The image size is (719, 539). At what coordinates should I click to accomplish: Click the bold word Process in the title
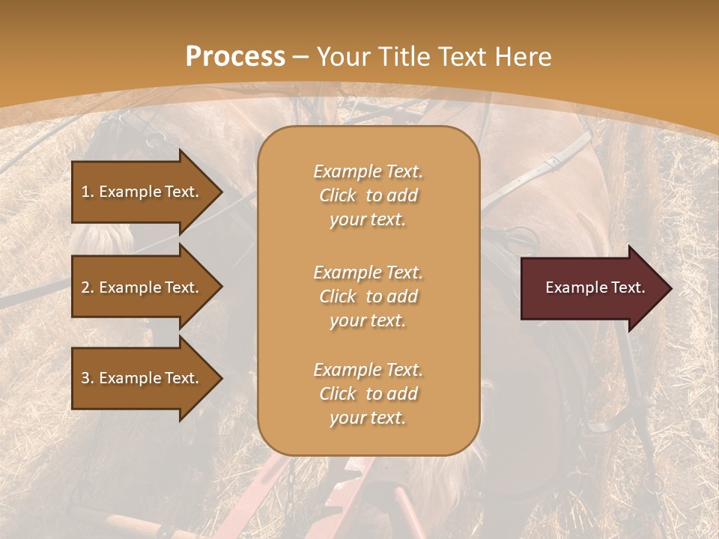[x=235, y=57]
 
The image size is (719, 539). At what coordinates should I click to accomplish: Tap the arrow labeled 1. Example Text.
[x=142, y=192]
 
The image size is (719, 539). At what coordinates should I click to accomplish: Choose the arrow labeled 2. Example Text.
[x=142, y=287]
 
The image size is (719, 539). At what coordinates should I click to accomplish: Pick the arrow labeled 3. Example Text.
[x=142, y=378]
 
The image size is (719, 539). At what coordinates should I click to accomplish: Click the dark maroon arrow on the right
[x=592, y=288]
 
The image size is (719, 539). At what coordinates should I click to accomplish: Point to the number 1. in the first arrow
[x=88, y=192]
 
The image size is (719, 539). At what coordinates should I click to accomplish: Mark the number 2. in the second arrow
[x=88, y=287]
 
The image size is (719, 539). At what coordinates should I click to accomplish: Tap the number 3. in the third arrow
[x=88, y=378]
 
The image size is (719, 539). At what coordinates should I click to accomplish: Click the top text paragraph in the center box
[x=368, y=195]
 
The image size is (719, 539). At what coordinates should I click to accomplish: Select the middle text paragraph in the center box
[x=368, y=296]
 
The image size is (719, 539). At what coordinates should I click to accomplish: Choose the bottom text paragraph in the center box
[x=368, y=394]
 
